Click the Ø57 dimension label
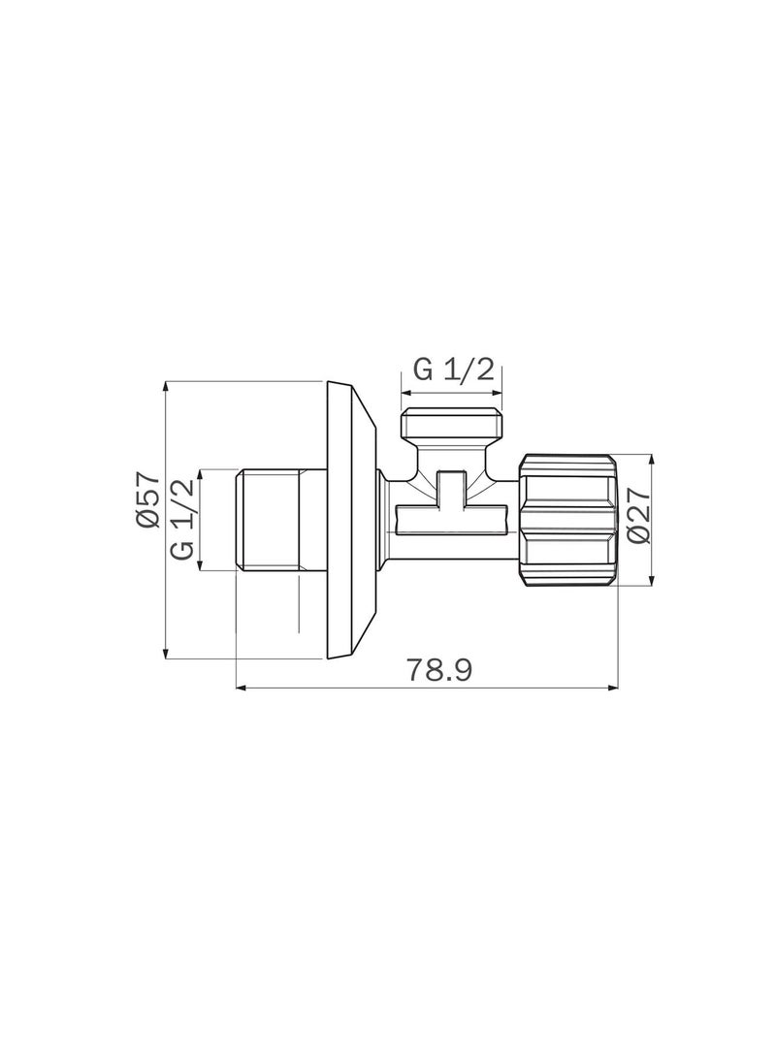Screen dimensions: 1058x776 pos(146,499)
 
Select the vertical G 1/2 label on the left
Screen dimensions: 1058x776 pos(183,520)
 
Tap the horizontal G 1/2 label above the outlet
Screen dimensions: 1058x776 pos(454,370)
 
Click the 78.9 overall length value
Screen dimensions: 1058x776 pos(438,671)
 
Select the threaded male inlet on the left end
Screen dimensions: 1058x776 pos(269,520)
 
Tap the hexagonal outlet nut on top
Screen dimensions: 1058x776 pos(454,426)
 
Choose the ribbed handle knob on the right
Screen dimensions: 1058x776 pos(568,520)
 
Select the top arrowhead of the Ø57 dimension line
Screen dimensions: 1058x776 pos(166,385)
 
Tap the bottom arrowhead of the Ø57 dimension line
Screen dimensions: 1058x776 pos(166,656)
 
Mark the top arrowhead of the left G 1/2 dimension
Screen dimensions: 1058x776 pos(201,474)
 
